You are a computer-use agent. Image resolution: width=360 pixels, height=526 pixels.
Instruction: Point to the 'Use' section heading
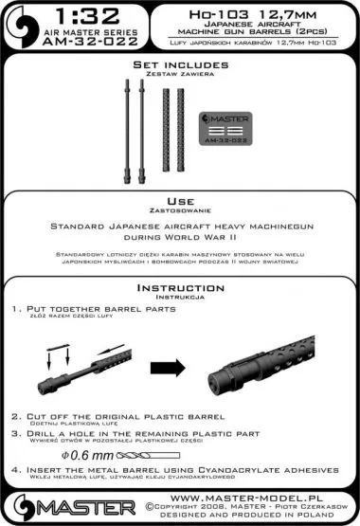point(180,203)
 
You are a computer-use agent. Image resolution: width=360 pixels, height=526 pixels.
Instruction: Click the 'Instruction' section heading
point(180,287)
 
